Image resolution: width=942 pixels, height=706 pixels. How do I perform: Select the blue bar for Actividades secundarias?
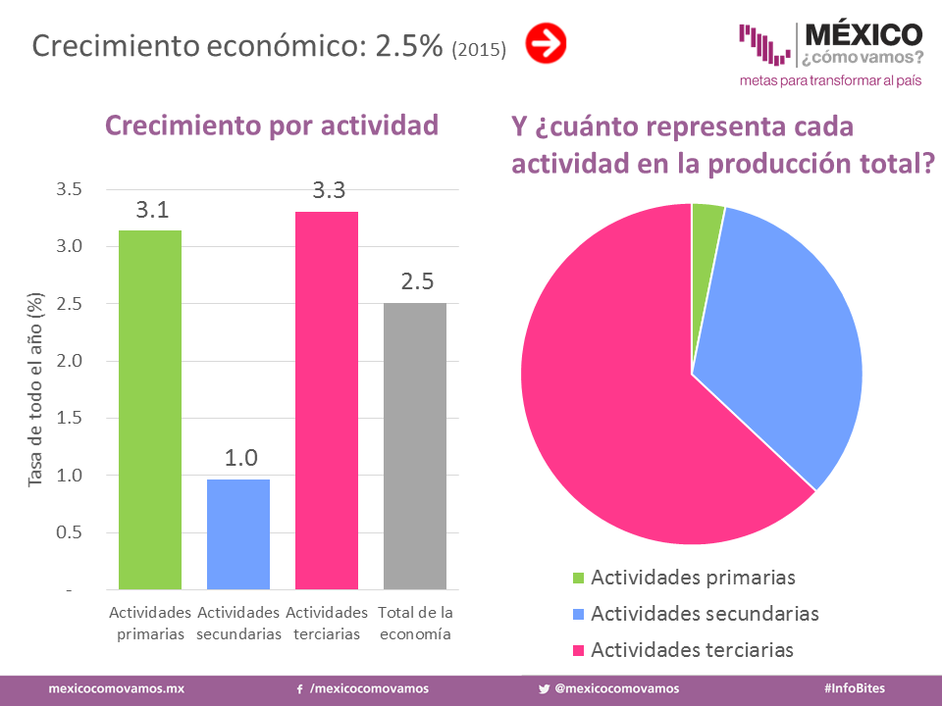click(238, 533)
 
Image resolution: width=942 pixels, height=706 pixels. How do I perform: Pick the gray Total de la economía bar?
click(415, 446)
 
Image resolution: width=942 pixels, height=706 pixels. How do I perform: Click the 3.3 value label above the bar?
click(328, 191)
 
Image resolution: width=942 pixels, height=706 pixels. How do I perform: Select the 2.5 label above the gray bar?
click(416, 282)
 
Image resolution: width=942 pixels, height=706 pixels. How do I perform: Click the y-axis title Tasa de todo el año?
click(36, 390)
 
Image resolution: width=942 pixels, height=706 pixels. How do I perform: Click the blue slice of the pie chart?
click(785, 343)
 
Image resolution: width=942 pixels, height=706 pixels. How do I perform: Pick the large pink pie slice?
click(618, 412)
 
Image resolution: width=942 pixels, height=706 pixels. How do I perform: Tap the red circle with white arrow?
click(546, 44)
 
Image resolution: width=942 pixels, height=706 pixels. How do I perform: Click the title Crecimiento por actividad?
click(271, 126)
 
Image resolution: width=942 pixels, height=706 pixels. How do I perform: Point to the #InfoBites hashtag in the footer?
click(855, 688)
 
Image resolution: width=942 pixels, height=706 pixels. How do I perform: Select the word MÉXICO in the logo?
click(863, 35)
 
